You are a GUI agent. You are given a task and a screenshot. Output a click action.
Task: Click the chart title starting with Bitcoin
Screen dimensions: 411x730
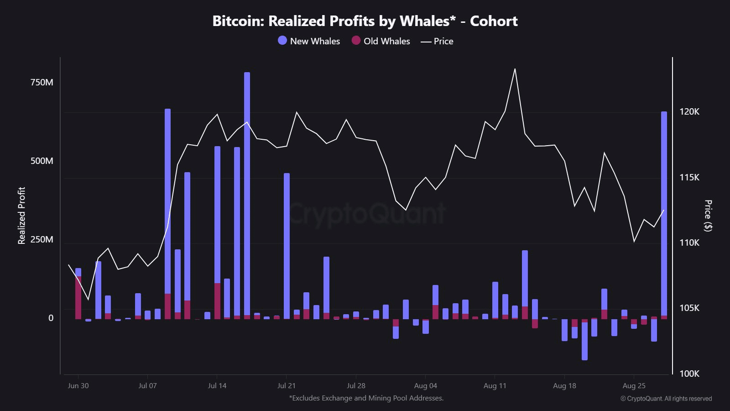click(365, 21)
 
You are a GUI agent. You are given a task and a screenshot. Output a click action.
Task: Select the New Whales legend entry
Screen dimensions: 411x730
click(309, 41)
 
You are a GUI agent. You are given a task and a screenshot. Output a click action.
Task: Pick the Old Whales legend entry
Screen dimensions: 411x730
click(381, 41)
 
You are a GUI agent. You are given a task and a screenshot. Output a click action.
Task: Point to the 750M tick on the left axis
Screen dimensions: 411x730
click(42, 82)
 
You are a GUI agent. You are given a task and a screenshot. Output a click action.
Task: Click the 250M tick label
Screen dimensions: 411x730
click(42, 239)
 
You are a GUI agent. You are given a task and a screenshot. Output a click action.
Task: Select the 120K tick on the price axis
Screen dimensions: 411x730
click(689, 111)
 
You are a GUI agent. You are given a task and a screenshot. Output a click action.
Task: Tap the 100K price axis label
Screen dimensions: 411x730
click(689, 374)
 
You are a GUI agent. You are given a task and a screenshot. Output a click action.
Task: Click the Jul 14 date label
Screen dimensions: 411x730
click(217, 386)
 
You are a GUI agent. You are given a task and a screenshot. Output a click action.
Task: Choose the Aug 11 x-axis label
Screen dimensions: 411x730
click(495, 386)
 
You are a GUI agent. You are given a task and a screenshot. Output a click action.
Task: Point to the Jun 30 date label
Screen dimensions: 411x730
click(78, 386)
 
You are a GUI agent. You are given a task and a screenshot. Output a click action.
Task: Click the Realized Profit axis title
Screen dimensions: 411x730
click(21, 216)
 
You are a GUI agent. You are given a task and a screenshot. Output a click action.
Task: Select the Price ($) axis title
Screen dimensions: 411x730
click(708, 216)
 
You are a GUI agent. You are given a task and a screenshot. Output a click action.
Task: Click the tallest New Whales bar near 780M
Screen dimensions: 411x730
click(247, 192)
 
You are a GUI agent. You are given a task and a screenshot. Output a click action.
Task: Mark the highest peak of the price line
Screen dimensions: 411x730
click(515, 69)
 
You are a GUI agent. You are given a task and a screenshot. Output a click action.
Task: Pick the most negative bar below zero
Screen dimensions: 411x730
click(584, 342)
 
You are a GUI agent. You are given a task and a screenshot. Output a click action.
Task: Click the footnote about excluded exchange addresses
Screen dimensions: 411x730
click(366, 398)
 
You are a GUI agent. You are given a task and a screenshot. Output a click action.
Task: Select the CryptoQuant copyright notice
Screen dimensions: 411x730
click(666, 399)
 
